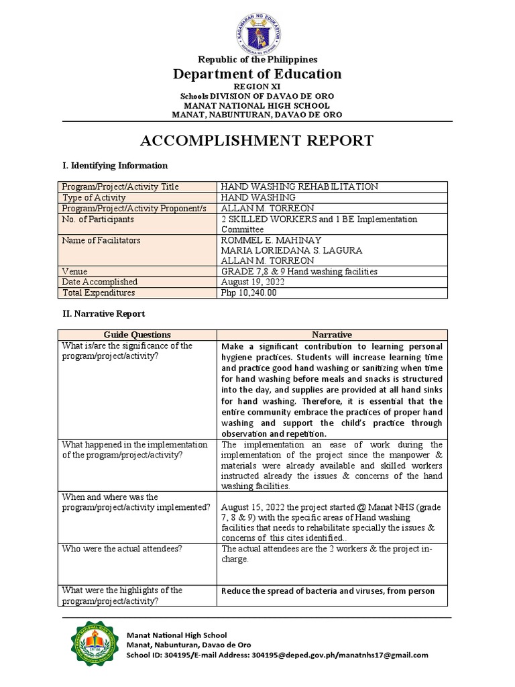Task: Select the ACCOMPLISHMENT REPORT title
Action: click(257, 140)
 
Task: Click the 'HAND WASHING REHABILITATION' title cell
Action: click(299, 187)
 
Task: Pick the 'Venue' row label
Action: click(74, 271)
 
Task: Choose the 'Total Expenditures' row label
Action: click(98, 293)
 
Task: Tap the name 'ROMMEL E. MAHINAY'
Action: click(271, 240)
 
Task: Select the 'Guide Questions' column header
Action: click(137, 335)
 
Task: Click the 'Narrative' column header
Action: click(331, 335)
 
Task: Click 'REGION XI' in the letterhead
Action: click(257, 87)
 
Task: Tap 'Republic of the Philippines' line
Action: click(257, 60)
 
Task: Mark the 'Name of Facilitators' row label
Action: click(101, 240)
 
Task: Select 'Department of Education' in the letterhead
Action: click(257, 74)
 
